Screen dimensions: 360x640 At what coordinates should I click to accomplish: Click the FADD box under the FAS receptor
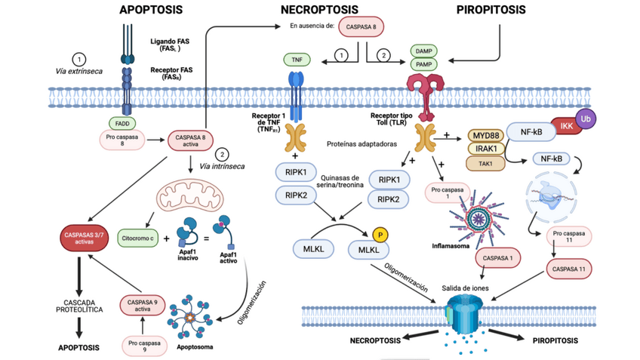(123, 124)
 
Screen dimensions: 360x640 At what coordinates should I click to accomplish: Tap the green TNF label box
(297, 60)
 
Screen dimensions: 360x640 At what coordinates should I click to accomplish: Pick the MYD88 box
(487, 134)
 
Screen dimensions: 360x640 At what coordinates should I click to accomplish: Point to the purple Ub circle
(584, 118)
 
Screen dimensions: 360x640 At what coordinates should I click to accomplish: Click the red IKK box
(565, 127)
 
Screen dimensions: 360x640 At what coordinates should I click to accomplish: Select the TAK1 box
(487, 163)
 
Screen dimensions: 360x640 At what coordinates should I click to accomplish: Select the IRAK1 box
(487, 149)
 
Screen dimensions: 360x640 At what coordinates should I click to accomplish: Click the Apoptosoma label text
(194, 349)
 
